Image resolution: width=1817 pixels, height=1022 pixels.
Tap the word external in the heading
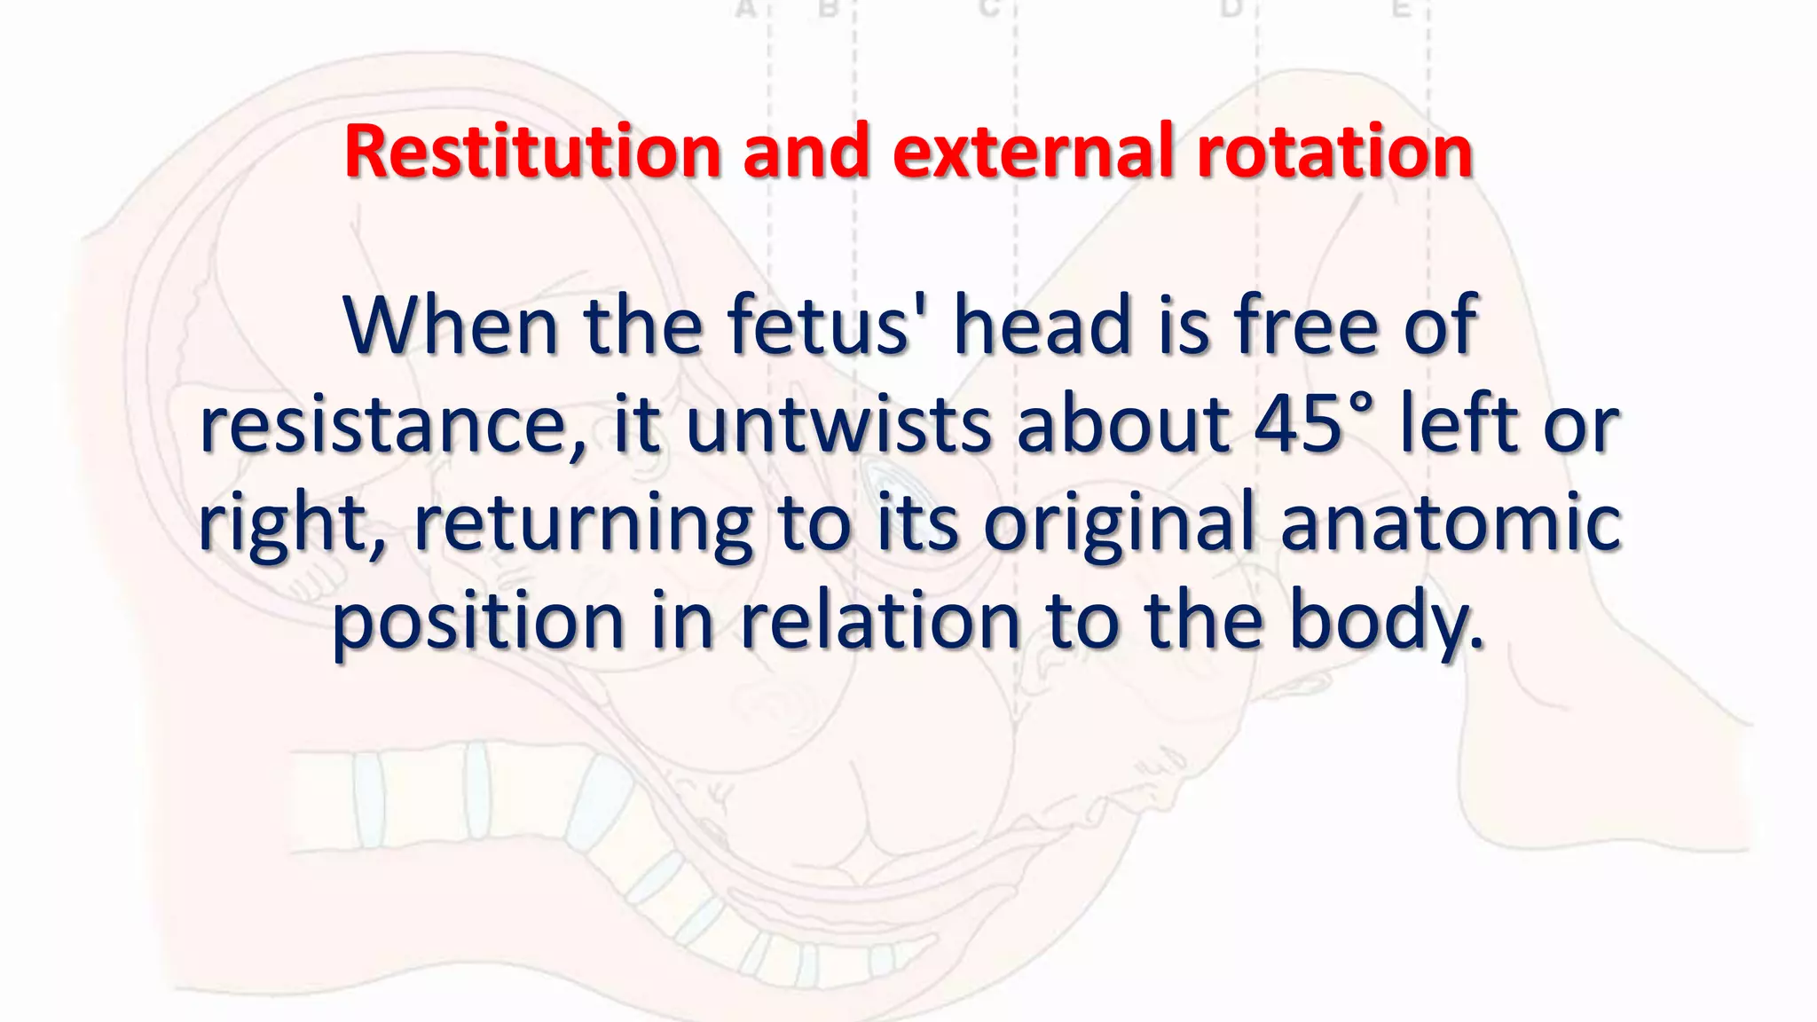1032,152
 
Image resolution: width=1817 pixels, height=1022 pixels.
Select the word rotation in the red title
1334,152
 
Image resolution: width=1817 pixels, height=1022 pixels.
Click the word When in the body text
450,326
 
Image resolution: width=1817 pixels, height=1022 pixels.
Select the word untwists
838,424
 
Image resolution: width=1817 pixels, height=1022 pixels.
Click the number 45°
1313,424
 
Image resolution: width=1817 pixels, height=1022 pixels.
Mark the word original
1119,523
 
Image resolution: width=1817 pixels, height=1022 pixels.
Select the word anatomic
1451,523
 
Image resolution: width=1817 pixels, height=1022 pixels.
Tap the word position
478,621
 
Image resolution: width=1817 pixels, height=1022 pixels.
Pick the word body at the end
1385,621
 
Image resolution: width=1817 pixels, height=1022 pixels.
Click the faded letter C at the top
989,9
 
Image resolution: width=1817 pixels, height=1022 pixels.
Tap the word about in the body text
1123,424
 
